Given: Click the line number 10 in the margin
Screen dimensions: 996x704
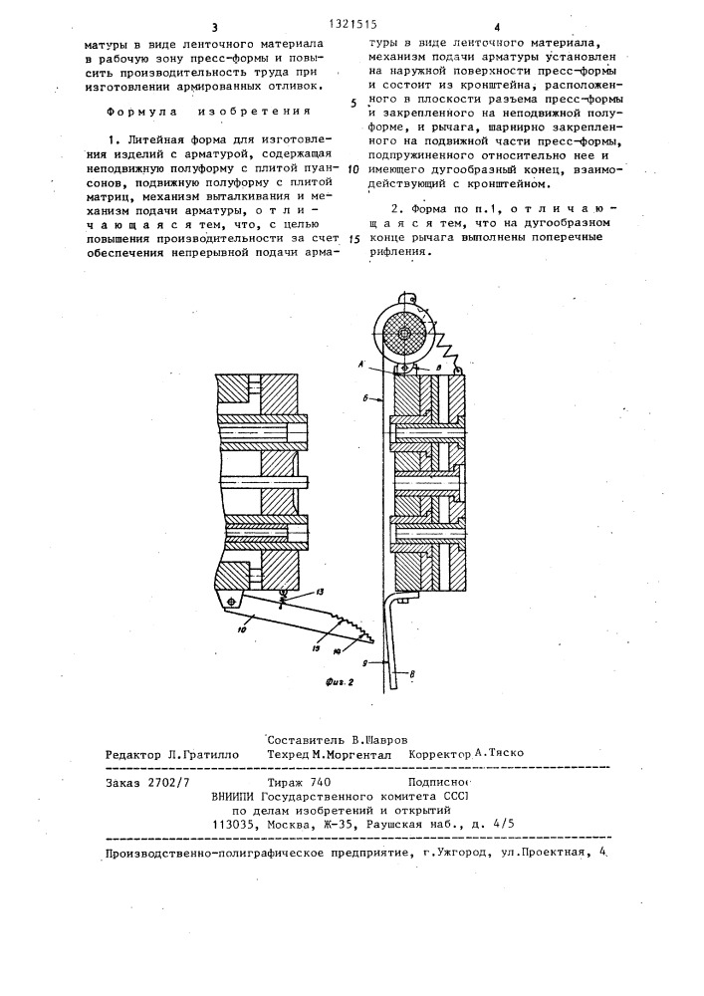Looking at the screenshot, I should pos(354,170).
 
